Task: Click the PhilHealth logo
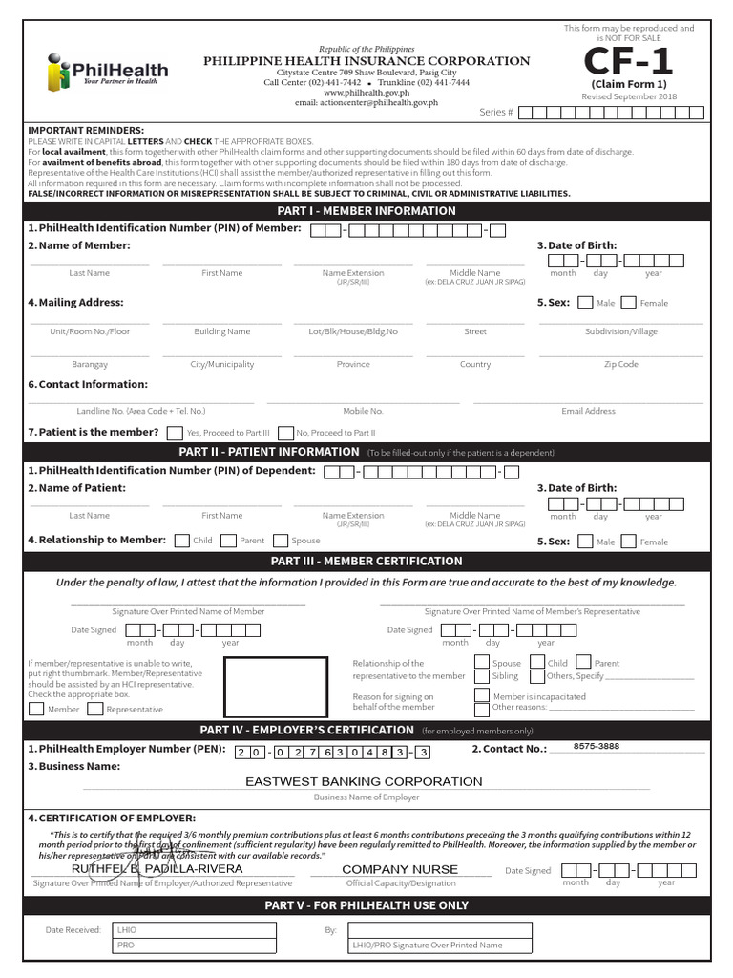click(x=107, y=72)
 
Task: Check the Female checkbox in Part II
click(x=628, y=542)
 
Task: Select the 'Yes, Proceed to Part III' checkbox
click(x=175, y=433)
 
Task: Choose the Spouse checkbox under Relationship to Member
click(x=281, y=541)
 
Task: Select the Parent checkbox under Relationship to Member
click(x=228, y=541)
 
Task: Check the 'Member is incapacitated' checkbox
click(x=482, y=695)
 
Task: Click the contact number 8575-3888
click(x=596, y=746)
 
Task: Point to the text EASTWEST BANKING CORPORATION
click(x=364, y=781)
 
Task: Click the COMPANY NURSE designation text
click(x=400, y=869)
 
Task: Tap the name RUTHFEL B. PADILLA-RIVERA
click(x=157, y=869)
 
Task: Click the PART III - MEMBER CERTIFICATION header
click(x=367, y=561)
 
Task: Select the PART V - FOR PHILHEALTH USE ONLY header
click(x=367, y=904)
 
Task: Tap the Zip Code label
click(x=621, y=364)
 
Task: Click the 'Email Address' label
click(x=588, y=411)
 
